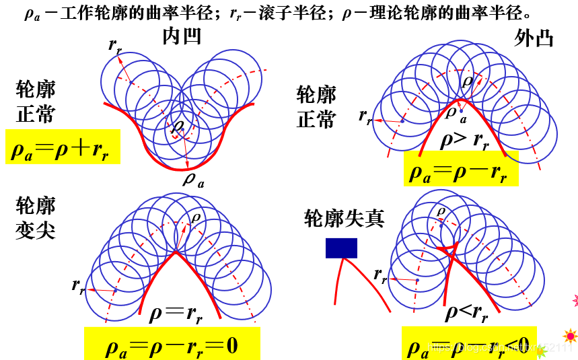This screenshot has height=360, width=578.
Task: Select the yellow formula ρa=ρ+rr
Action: pos(63,147)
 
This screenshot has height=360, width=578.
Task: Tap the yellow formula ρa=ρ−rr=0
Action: pos(172,345)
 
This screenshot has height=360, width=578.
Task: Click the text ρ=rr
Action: pos(175,312)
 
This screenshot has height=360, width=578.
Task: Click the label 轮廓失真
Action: pos(344,218)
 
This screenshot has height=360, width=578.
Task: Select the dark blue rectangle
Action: pos(341,248)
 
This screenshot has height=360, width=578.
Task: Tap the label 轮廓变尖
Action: pos(36,219)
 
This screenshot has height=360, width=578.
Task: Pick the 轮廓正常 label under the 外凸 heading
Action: pos(316,107)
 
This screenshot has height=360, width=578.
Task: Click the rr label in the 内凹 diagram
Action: pos(115,45)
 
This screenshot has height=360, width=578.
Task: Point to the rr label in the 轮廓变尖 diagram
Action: pos(79,285)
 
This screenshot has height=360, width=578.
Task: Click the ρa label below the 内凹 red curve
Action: pos(193,180)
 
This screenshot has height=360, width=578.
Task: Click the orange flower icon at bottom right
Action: pos(570,335)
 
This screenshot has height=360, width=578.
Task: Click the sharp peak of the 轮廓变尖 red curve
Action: pos(176,252)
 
